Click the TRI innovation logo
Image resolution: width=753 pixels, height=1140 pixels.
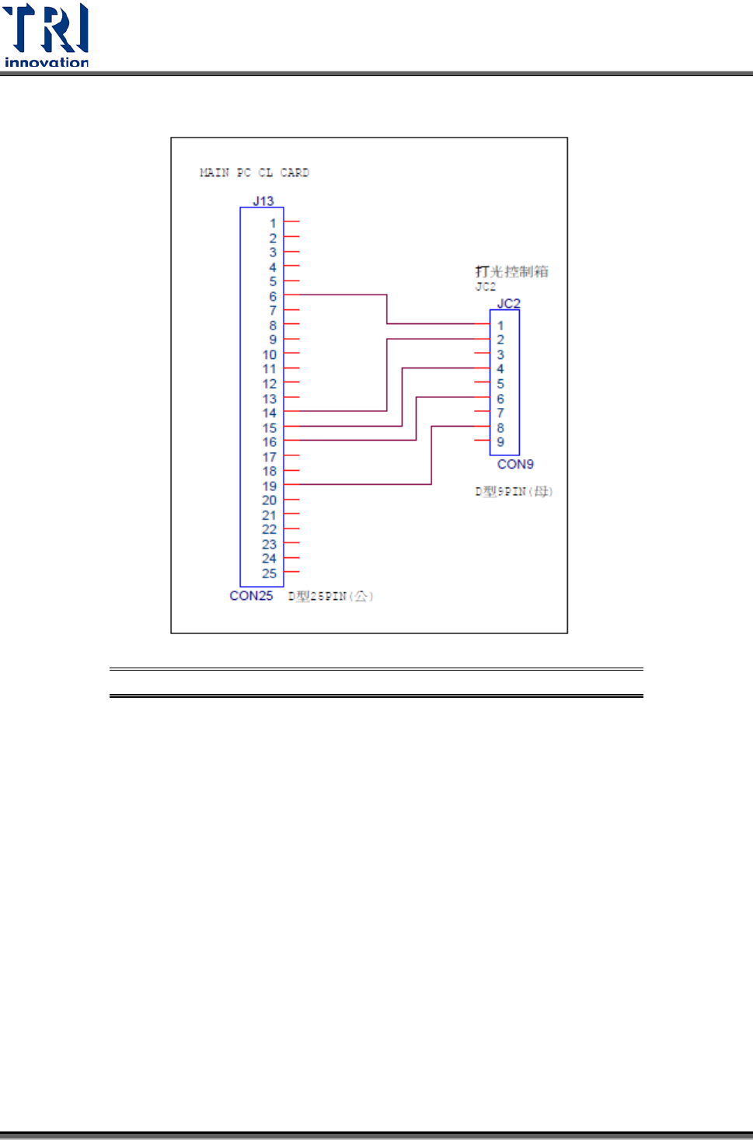click(47, 35)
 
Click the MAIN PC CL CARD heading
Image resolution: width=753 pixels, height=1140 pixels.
click(254, 173)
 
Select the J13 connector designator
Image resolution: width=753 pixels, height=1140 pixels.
click(263, 200)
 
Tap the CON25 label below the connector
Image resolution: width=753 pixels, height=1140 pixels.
click(251, 596)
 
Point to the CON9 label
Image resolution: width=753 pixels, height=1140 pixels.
click(515, 464)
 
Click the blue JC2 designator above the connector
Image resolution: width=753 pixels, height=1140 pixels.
click(508, 303)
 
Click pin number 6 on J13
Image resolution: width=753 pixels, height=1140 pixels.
click(273, 296)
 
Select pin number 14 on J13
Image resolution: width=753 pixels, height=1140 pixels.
click(270, 413)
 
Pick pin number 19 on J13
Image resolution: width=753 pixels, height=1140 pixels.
click(270, 486)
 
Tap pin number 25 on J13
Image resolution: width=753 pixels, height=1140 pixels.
click(270, 573)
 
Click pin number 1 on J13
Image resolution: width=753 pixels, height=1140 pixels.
click(273, 223)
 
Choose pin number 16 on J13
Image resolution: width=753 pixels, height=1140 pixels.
click(270, 442)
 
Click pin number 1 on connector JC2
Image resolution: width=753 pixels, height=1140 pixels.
click(500, 326)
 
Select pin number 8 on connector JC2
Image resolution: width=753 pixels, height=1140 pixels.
click(500, 427)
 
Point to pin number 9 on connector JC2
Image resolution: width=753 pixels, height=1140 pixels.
click(500, 442)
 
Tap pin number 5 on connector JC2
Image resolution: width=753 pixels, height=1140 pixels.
click(500, 384)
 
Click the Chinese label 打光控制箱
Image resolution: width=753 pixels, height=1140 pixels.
click(512, 271)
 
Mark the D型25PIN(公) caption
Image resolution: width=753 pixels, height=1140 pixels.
click(331, 597)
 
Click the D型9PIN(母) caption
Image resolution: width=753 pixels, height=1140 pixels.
click(514, 491)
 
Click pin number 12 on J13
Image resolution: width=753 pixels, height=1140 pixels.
click(270, 384)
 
